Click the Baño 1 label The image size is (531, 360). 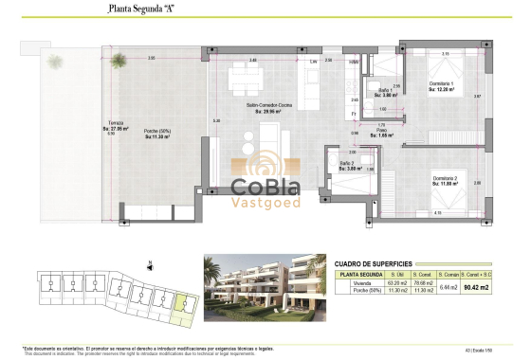384,91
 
